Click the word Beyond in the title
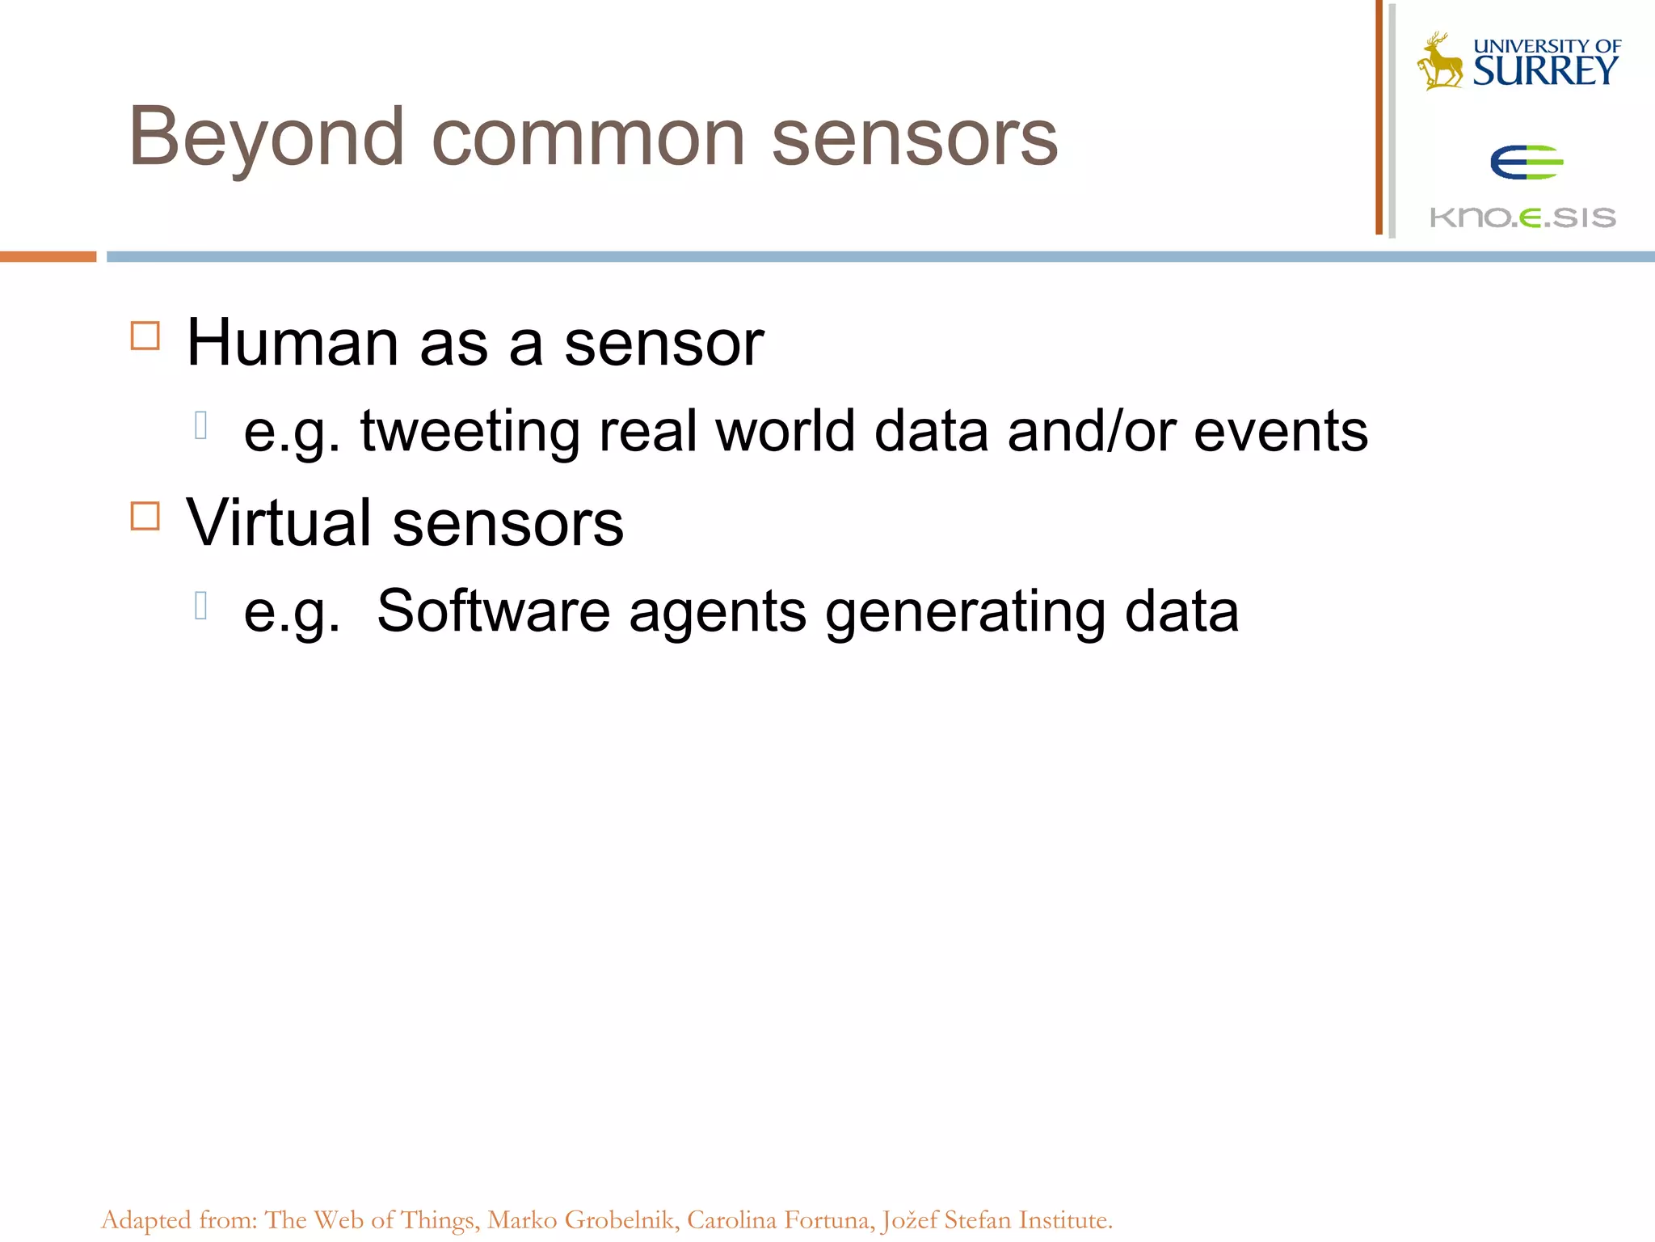point(266,138)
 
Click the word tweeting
point(470,431)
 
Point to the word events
point(1280,431)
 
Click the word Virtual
point(279,523)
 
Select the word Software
point(493,610)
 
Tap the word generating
point(965,612)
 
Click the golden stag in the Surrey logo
point(1438,61)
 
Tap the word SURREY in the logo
point(1544,71)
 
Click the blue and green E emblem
point(1526,162)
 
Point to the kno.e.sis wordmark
point(1522,217)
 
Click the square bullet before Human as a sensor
point(145,335)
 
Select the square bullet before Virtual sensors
point(145,515)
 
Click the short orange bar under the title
point(48,256)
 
